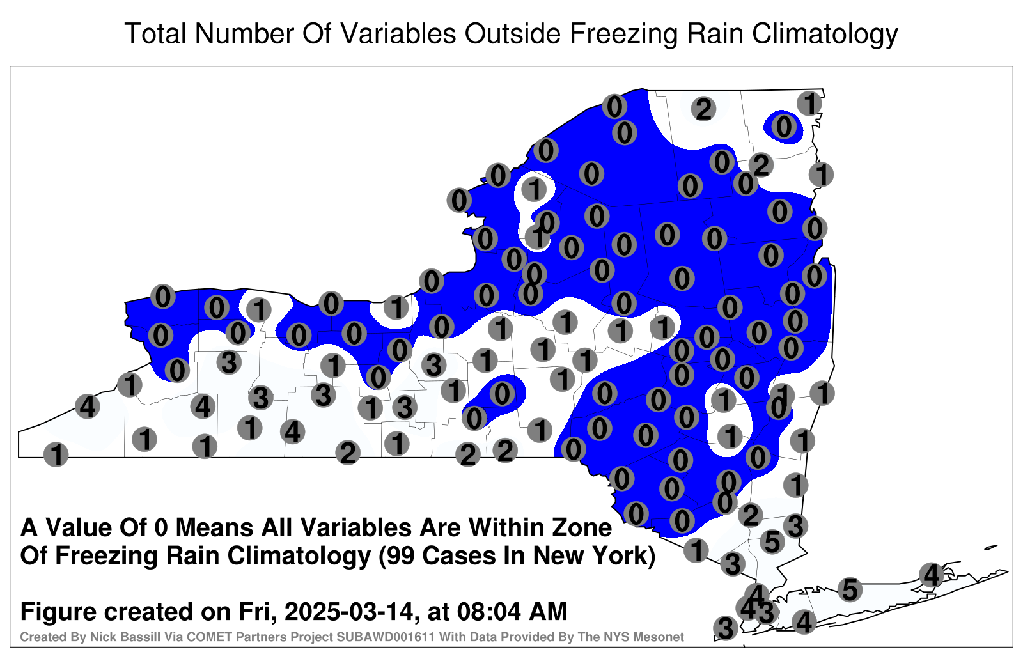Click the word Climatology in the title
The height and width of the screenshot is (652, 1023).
click(825, 35)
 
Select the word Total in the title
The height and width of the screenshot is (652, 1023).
click(155, 34)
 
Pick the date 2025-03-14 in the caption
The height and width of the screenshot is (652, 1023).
click(349, 612)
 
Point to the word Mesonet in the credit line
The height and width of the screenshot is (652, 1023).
click(660, 637)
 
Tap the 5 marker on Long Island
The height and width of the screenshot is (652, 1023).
click(850, 589)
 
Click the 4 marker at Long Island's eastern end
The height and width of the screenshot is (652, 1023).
click(931, 575)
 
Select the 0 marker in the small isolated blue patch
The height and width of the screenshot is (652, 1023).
click(784, 127)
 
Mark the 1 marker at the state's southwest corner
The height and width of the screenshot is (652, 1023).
click(56, 454)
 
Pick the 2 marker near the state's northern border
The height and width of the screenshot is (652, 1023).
click(703, 109)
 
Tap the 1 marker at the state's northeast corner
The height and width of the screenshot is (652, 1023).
click(809, 103)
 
